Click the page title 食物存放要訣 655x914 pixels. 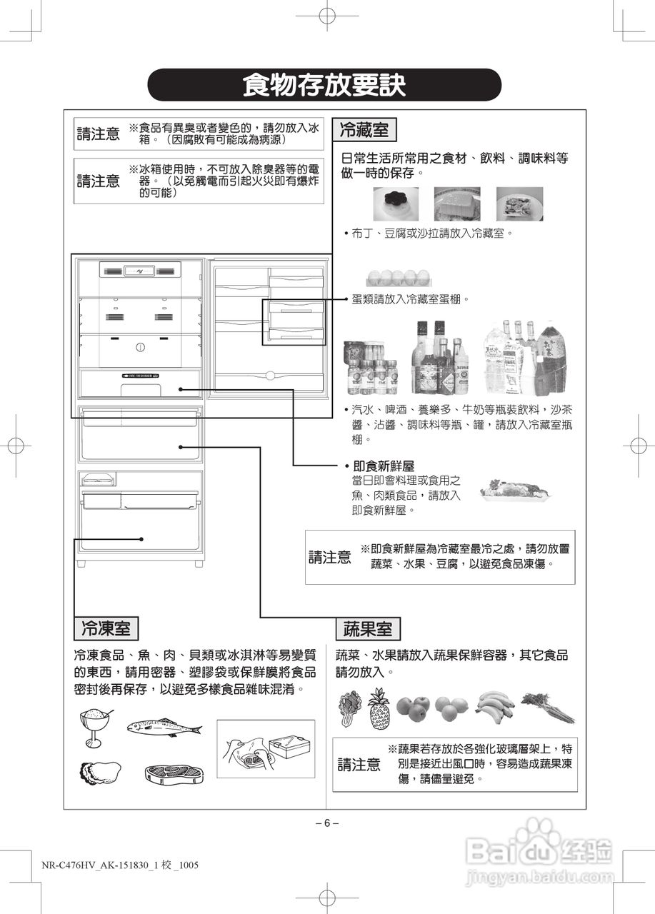(324, 86)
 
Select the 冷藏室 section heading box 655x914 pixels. (364, 130)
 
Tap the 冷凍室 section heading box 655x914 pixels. (106, 628)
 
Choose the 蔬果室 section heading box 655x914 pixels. (368, 628)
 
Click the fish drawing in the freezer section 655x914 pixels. (164, 728)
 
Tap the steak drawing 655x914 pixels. (174, 773)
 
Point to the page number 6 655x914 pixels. (326, 822)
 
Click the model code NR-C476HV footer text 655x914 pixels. (119, 865)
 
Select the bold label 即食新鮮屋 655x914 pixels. (384, 466)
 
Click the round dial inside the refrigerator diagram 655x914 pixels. (140, 348)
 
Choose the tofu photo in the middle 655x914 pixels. (456, 204)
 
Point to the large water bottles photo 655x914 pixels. (531, 357)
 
